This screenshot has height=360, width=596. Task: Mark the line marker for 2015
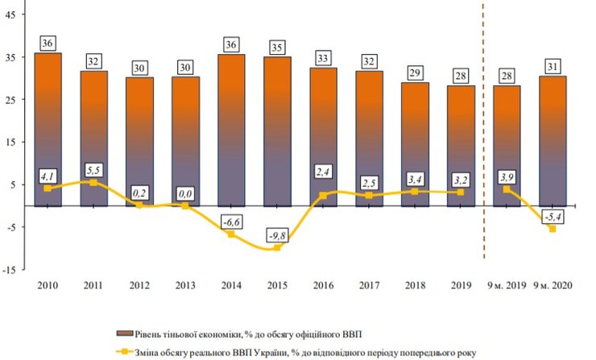278,247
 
